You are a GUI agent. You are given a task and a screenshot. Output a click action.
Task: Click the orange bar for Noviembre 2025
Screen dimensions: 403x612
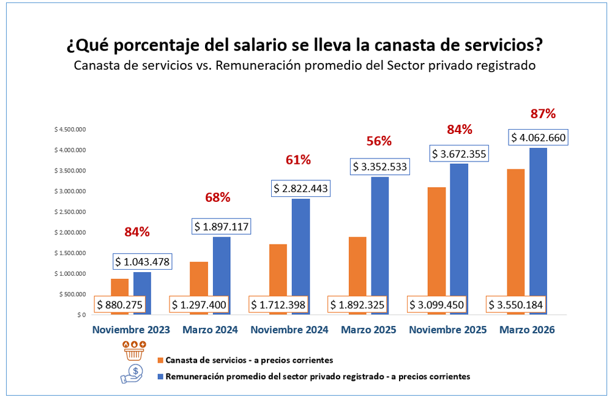point(436,242)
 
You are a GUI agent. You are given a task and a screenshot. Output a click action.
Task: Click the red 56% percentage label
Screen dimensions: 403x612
point(379,141)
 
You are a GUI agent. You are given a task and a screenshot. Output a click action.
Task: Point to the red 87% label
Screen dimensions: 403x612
point(543,113)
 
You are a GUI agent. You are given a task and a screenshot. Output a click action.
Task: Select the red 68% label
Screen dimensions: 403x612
point(217,197)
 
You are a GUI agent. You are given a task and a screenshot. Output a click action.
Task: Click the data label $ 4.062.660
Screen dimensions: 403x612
point(539,138)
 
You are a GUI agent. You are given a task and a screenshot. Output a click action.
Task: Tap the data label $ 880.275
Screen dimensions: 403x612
point(119,304)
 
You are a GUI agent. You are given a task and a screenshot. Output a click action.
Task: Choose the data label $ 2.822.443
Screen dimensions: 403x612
point(300,189)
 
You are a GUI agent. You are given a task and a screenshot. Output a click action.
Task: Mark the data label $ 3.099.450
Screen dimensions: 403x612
point(437,304)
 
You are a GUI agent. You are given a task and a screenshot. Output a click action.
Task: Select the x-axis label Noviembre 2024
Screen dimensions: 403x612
point(289,330)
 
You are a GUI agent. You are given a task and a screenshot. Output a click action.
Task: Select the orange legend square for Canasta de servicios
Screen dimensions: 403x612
point(160,360)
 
